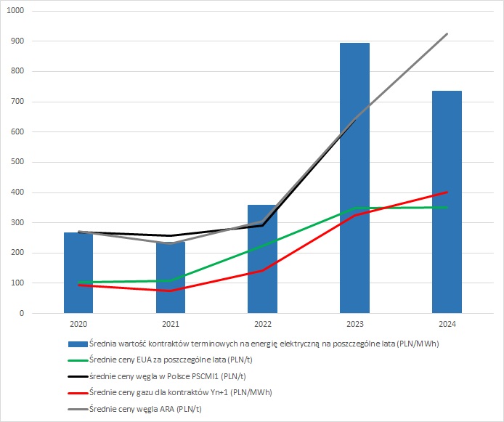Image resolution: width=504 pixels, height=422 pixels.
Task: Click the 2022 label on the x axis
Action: pos(262,324)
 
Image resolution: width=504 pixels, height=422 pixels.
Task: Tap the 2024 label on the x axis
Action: pos(447,324)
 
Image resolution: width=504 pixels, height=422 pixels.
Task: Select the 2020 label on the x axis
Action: pos(78,324)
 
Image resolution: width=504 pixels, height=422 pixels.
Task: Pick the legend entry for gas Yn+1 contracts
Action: pos(189,392)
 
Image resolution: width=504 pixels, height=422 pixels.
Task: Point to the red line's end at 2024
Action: pos(447,192)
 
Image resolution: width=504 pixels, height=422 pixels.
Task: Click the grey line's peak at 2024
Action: pos(447,34)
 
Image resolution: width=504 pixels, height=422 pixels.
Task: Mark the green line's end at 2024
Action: pos(447,208)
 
